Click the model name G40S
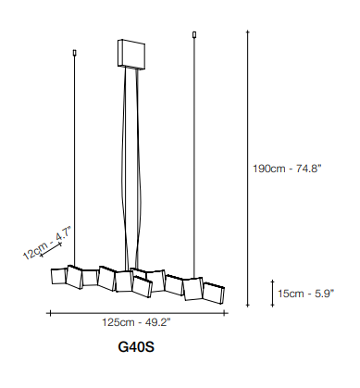(136, 347)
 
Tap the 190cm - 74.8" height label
(287, 169)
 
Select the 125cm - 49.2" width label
(136, 322)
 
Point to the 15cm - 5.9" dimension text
(305, 294)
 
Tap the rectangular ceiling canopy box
(131, 54)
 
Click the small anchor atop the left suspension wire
(74, 53)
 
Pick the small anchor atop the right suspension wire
(194, 34)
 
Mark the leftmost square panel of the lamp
(58, 276)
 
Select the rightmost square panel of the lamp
(214, 292)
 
